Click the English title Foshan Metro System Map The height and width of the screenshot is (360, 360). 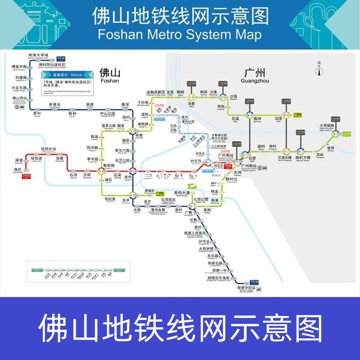180,35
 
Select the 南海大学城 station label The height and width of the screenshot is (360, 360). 38,54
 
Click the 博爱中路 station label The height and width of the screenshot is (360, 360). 19,67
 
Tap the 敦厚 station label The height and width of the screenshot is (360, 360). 90,104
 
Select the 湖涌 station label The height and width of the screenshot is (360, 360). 18,160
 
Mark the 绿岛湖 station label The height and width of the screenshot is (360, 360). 36,158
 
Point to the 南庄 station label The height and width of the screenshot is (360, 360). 18,169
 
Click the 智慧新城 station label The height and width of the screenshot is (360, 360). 48,149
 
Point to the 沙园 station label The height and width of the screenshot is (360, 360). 233,96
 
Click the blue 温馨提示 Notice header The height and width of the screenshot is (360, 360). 67,75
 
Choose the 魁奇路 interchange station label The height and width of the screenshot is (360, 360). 110,165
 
